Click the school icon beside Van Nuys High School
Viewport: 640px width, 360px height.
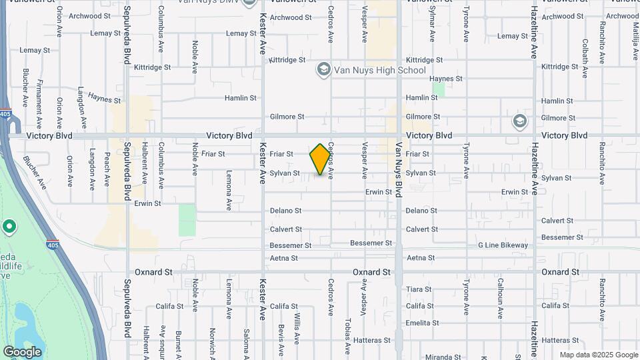pos(324,69)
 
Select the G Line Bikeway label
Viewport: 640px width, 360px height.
pos(503,245)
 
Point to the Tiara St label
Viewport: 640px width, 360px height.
pos(419,289)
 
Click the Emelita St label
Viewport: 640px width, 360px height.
pos(422,323)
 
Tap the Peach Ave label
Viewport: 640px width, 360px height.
pos(107,168)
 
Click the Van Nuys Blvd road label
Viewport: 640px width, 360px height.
pos(399,170)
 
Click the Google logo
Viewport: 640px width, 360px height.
pos(22,351)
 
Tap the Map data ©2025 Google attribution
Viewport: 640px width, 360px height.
pos(599,355)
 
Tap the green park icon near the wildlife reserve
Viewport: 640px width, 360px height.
pos(9,227)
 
